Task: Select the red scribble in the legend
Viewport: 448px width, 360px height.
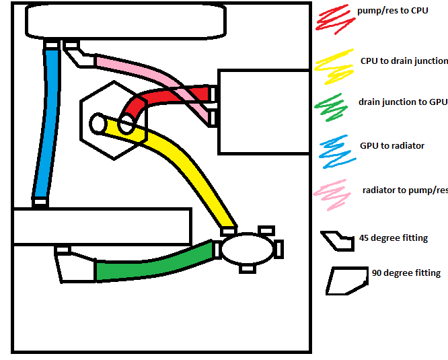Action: click(333, 19)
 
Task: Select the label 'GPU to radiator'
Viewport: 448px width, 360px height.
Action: click(392, 145)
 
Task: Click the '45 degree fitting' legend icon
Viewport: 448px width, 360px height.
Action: click(336, 241)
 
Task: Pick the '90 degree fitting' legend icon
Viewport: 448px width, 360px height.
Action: click(346, 281)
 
